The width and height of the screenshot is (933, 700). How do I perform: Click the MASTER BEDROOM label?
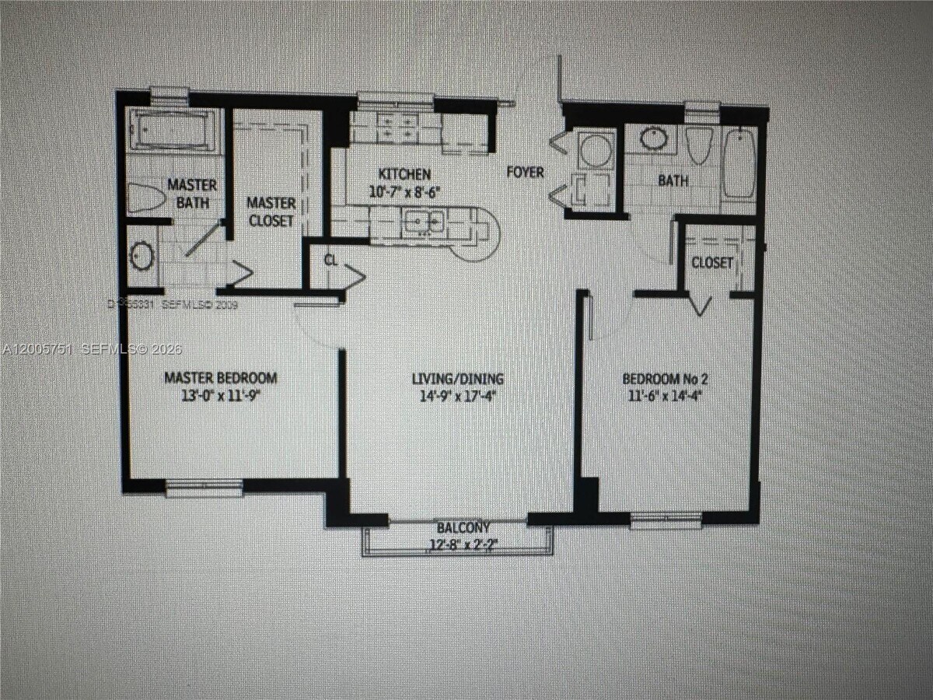click(220, 378)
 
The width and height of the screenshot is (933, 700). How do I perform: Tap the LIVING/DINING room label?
click(458, 379)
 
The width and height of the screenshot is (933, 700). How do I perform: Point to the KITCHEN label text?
click(404, 173)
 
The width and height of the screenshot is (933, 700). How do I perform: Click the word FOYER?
click(526, 172)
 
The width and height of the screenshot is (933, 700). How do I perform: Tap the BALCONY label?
click(463, 527)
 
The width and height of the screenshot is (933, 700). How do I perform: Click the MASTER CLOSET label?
click(271, 212)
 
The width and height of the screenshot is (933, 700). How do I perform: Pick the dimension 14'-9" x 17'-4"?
click(458, 394)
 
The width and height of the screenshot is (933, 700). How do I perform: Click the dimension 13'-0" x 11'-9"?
click(220, 394)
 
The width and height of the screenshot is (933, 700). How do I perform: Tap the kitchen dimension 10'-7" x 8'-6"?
click(404, 190)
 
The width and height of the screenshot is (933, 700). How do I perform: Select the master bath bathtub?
click(171, 129)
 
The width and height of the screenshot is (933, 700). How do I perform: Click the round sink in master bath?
click(142, 256)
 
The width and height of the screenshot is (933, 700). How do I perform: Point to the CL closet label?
click(330, 261)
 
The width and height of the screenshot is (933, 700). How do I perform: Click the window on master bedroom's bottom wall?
click(204, 488)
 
